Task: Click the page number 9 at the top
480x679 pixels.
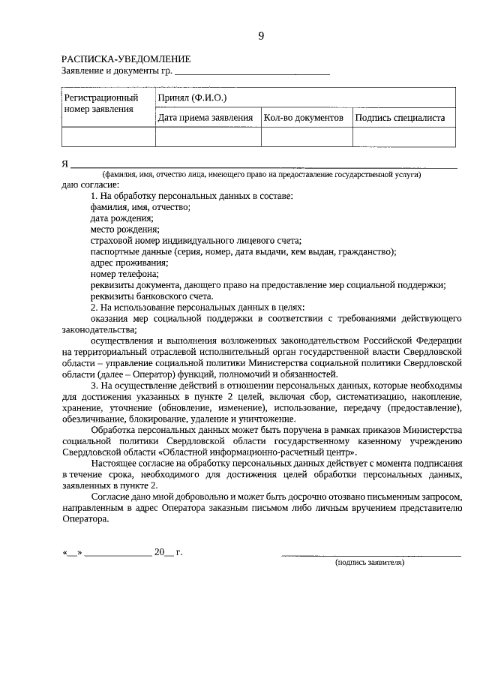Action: point(261,35)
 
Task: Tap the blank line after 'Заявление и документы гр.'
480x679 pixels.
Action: point(252,74)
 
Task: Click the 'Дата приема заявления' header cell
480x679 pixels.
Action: point(205,118)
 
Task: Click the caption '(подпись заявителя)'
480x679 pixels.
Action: point(370,562)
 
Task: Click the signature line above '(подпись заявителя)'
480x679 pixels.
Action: point(370,554)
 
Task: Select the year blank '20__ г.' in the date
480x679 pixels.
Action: point(168,552)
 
